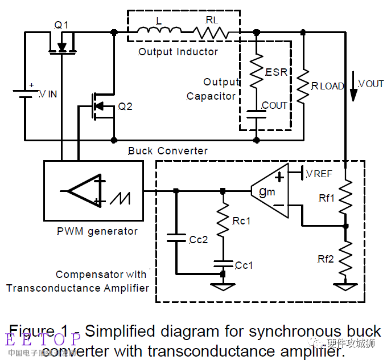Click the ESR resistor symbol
click(256, 71)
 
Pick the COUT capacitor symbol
click(256, 113)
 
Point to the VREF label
click(319, 174)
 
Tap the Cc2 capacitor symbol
click(176, 238)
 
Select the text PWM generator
click(97, 231)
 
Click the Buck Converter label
click(168, 151)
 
